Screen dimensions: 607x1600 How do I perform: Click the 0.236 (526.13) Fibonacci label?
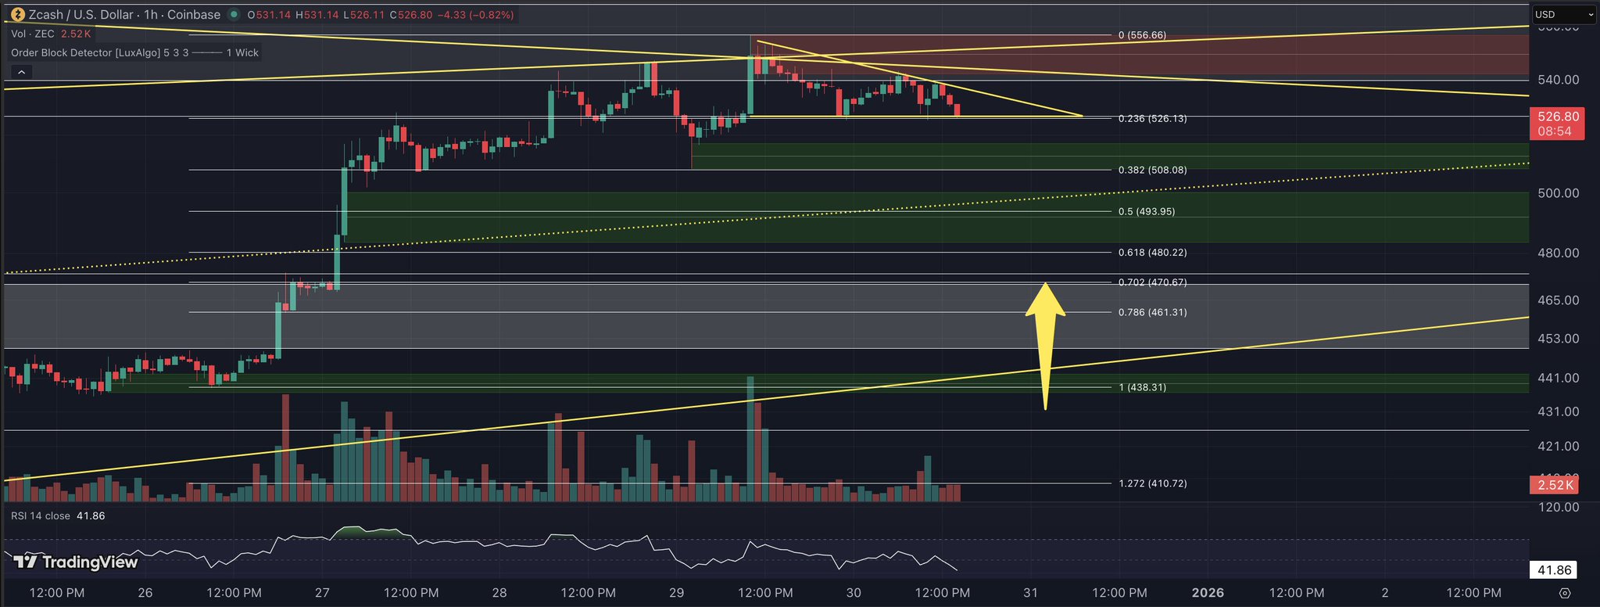click(1152, 119)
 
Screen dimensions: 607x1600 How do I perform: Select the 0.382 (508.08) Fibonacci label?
click(1152, 170)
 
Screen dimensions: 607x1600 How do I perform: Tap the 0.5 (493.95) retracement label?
click(1146, 211)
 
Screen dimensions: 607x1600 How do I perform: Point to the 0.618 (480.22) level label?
click(1152, 253)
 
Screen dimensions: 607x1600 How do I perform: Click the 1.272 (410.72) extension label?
click(1152, 483)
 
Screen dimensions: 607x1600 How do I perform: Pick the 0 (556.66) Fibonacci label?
click(1142, 35)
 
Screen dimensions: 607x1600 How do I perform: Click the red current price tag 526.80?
click(1558, 117)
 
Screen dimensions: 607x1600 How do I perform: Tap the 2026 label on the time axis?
click(1208, 592)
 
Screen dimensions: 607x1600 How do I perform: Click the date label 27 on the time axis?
click(323, 592)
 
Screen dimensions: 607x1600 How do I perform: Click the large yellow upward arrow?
click(1045, 344)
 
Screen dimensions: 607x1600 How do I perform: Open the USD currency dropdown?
click(1564, 14)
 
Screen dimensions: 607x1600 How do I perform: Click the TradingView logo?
click(77, 562)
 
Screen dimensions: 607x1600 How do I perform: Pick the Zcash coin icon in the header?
click(15, 14)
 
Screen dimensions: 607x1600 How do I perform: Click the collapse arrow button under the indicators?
click(21, 72)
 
